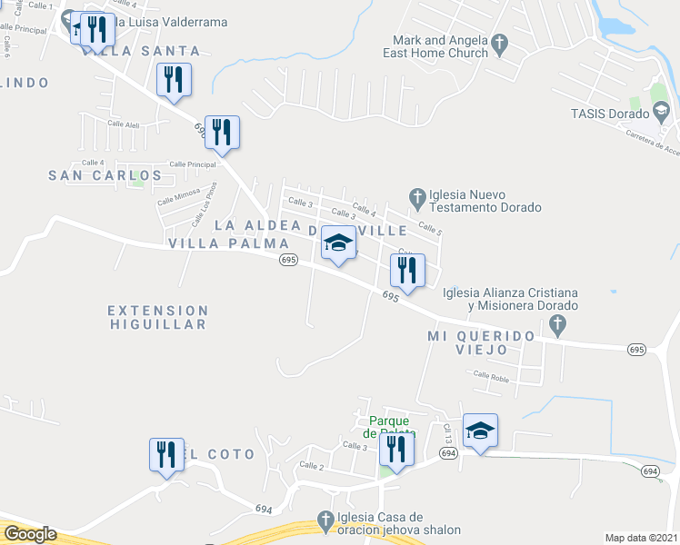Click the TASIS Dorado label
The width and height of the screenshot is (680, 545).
click(x=610, y=114)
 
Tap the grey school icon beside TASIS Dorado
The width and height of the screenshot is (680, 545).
click(x=664, y=113)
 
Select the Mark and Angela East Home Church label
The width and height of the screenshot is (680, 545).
click(x=441, y=46)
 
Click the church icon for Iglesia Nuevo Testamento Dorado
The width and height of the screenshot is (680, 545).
click(x=417, y=195)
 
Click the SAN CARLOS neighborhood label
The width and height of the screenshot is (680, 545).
click(x=105, y=175)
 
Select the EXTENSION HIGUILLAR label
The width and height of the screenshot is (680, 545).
click(x=159, y=317)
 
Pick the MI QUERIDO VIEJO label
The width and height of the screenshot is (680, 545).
click(x=481, y=336)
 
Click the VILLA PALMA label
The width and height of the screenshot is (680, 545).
click(x=228, y=243)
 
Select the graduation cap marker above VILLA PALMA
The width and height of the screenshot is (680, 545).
click(x=338, y=243)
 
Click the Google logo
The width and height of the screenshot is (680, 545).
click(x=29, y=534)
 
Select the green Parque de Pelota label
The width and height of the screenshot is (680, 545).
click(x=392, y=427)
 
